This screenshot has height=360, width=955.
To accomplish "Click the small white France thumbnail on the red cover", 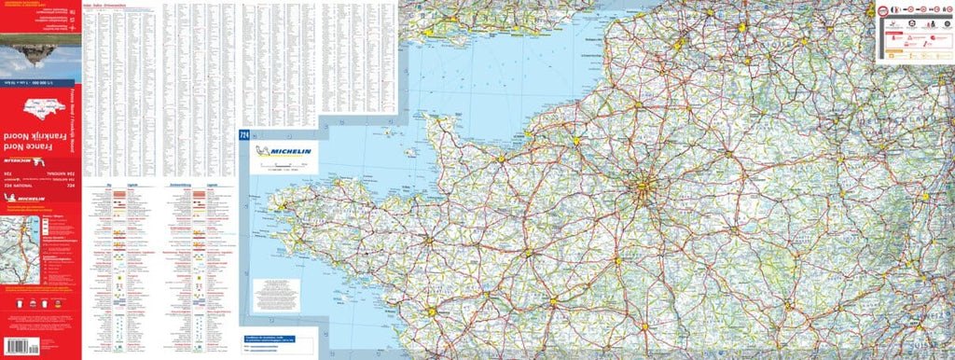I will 41,105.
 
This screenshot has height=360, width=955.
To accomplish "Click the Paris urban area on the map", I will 643,191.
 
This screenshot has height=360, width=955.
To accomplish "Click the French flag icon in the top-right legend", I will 893,14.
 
